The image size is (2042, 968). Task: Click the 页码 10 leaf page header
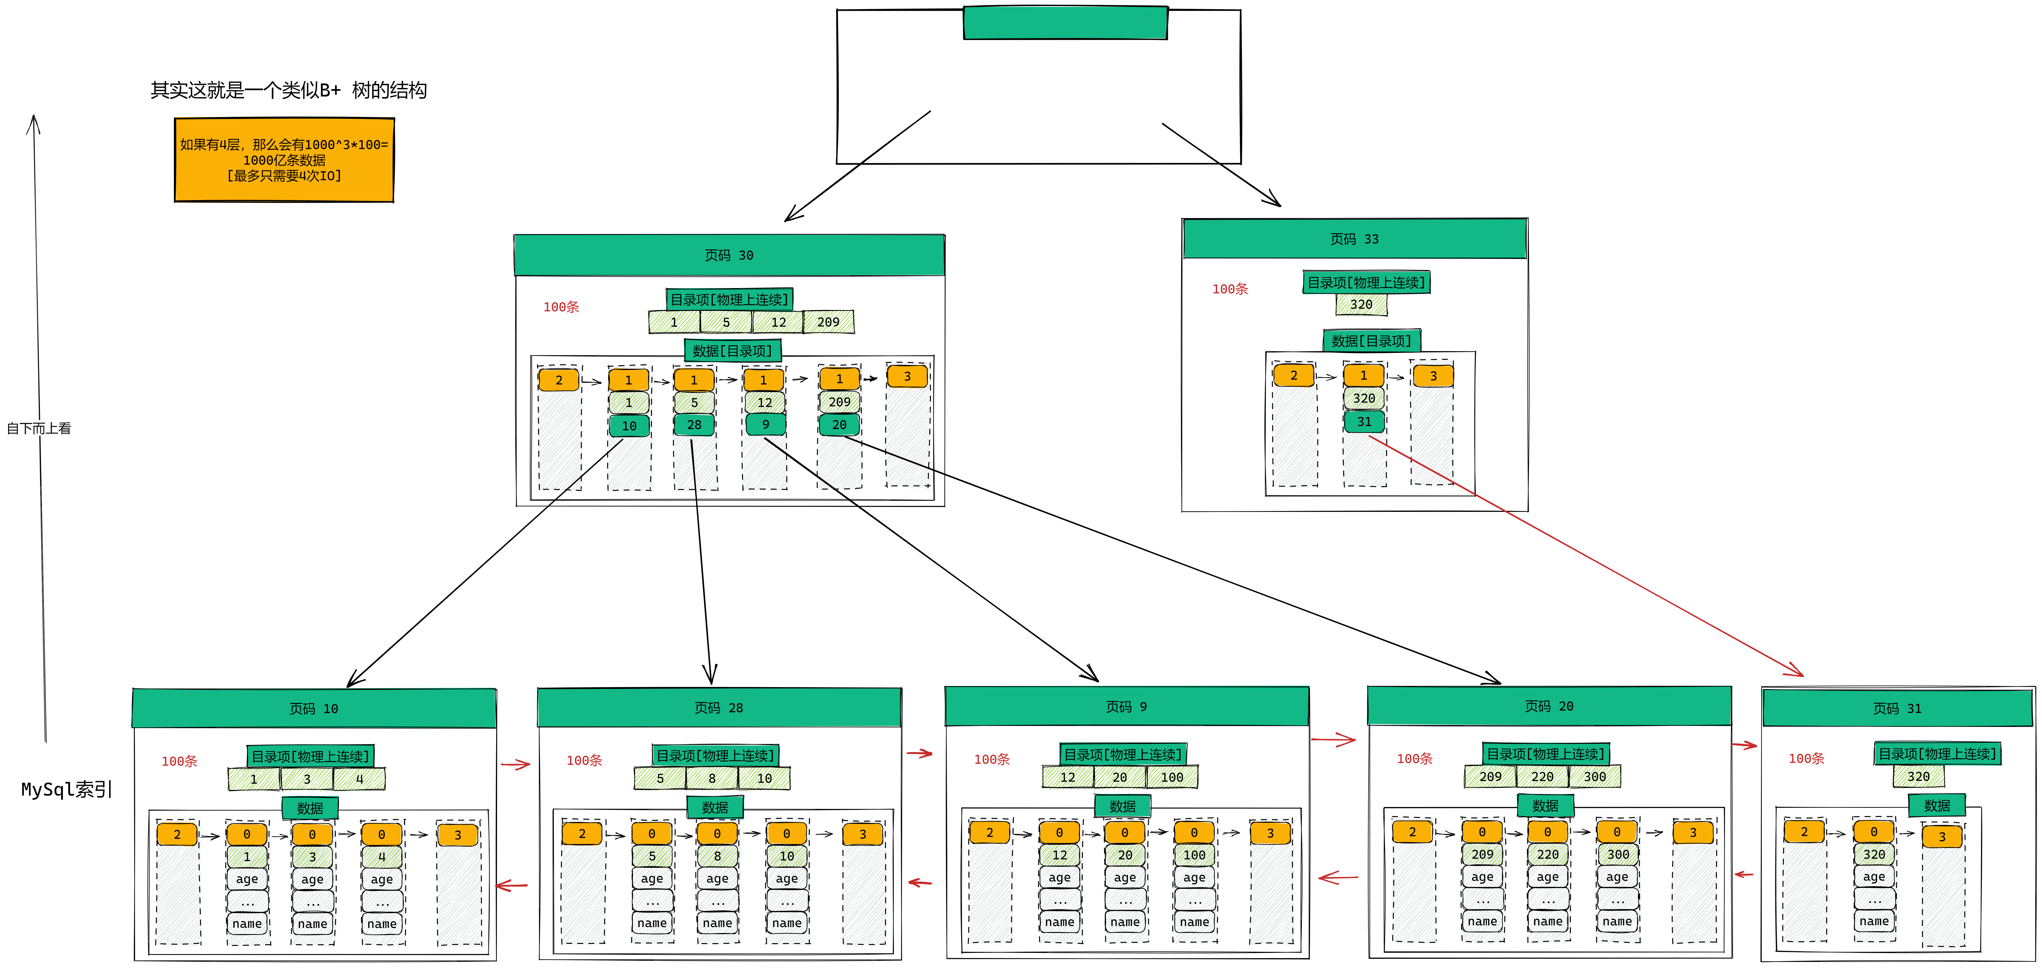[314, 708]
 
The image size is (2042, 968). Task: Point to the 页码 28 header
[719, 707]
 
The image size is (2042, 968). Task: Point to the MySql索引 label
[67, 790]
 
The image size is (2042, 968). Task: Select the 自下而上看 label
[39, 428]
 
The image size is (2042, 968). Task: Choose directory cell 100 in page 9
[1172, 777]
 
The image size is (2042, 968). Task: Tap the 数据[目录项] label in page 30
[732, 351]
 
